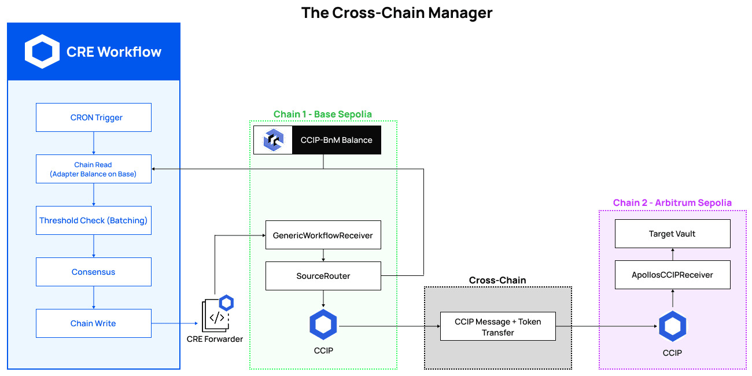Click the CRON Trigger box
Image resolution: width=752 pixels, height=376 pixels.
click(x=94, y=117)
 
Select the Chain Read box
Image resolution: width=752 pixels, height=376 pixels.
click(x=94, y=169)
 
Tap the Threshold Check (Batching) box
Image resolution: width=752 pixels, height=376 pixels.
click(x=94, y=220)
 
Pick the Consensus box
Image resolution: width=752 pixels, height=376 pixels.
click(x=94, y=272)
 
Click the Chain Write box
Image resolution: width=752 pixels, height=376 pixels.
click(x=94, y=323)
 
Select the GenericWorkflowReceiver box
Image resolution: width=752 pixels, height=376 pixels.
click(x=323, y=235)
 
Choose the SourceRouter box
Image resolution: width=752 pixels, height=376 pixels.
click(x=323, y=276)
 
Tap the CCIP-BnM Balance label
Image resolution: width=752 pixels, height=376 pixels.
click(x=336, y=140)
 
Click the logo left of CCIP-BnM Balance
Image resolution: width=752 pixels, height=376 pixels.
click(x=273, y=140)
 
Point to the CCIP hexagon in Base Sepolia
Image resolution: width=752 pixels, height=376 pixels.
click(x=323, y=325)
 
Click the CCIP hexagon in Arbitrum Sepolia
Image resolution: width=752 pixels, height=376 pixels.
click(x=672, y=327)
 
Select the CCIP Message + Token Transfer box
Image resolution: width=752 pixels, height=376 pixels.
click(x=497, y=327)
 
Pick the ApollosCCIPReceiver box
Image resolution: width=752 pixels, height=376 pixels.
click(x=672, y=275)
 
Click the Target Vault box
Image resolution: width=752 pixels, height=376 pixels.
click(x=672, y=234)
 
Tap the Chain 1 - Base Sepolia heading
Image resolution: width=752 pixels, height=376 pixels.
click(x=323, y=114)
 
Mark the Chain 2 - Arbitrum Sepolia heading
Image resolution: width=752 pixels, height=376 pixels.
click(x=672, y=202)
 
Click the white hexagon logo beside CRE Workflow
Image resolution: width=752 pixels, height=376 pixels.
click(x=42, y=51)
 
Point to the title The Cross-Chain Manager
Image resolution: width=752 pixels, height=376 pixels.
click(x=397, y=13)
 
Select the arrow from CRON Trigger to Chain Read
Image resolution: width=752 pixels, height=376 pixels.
click(x=94, y=143)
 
